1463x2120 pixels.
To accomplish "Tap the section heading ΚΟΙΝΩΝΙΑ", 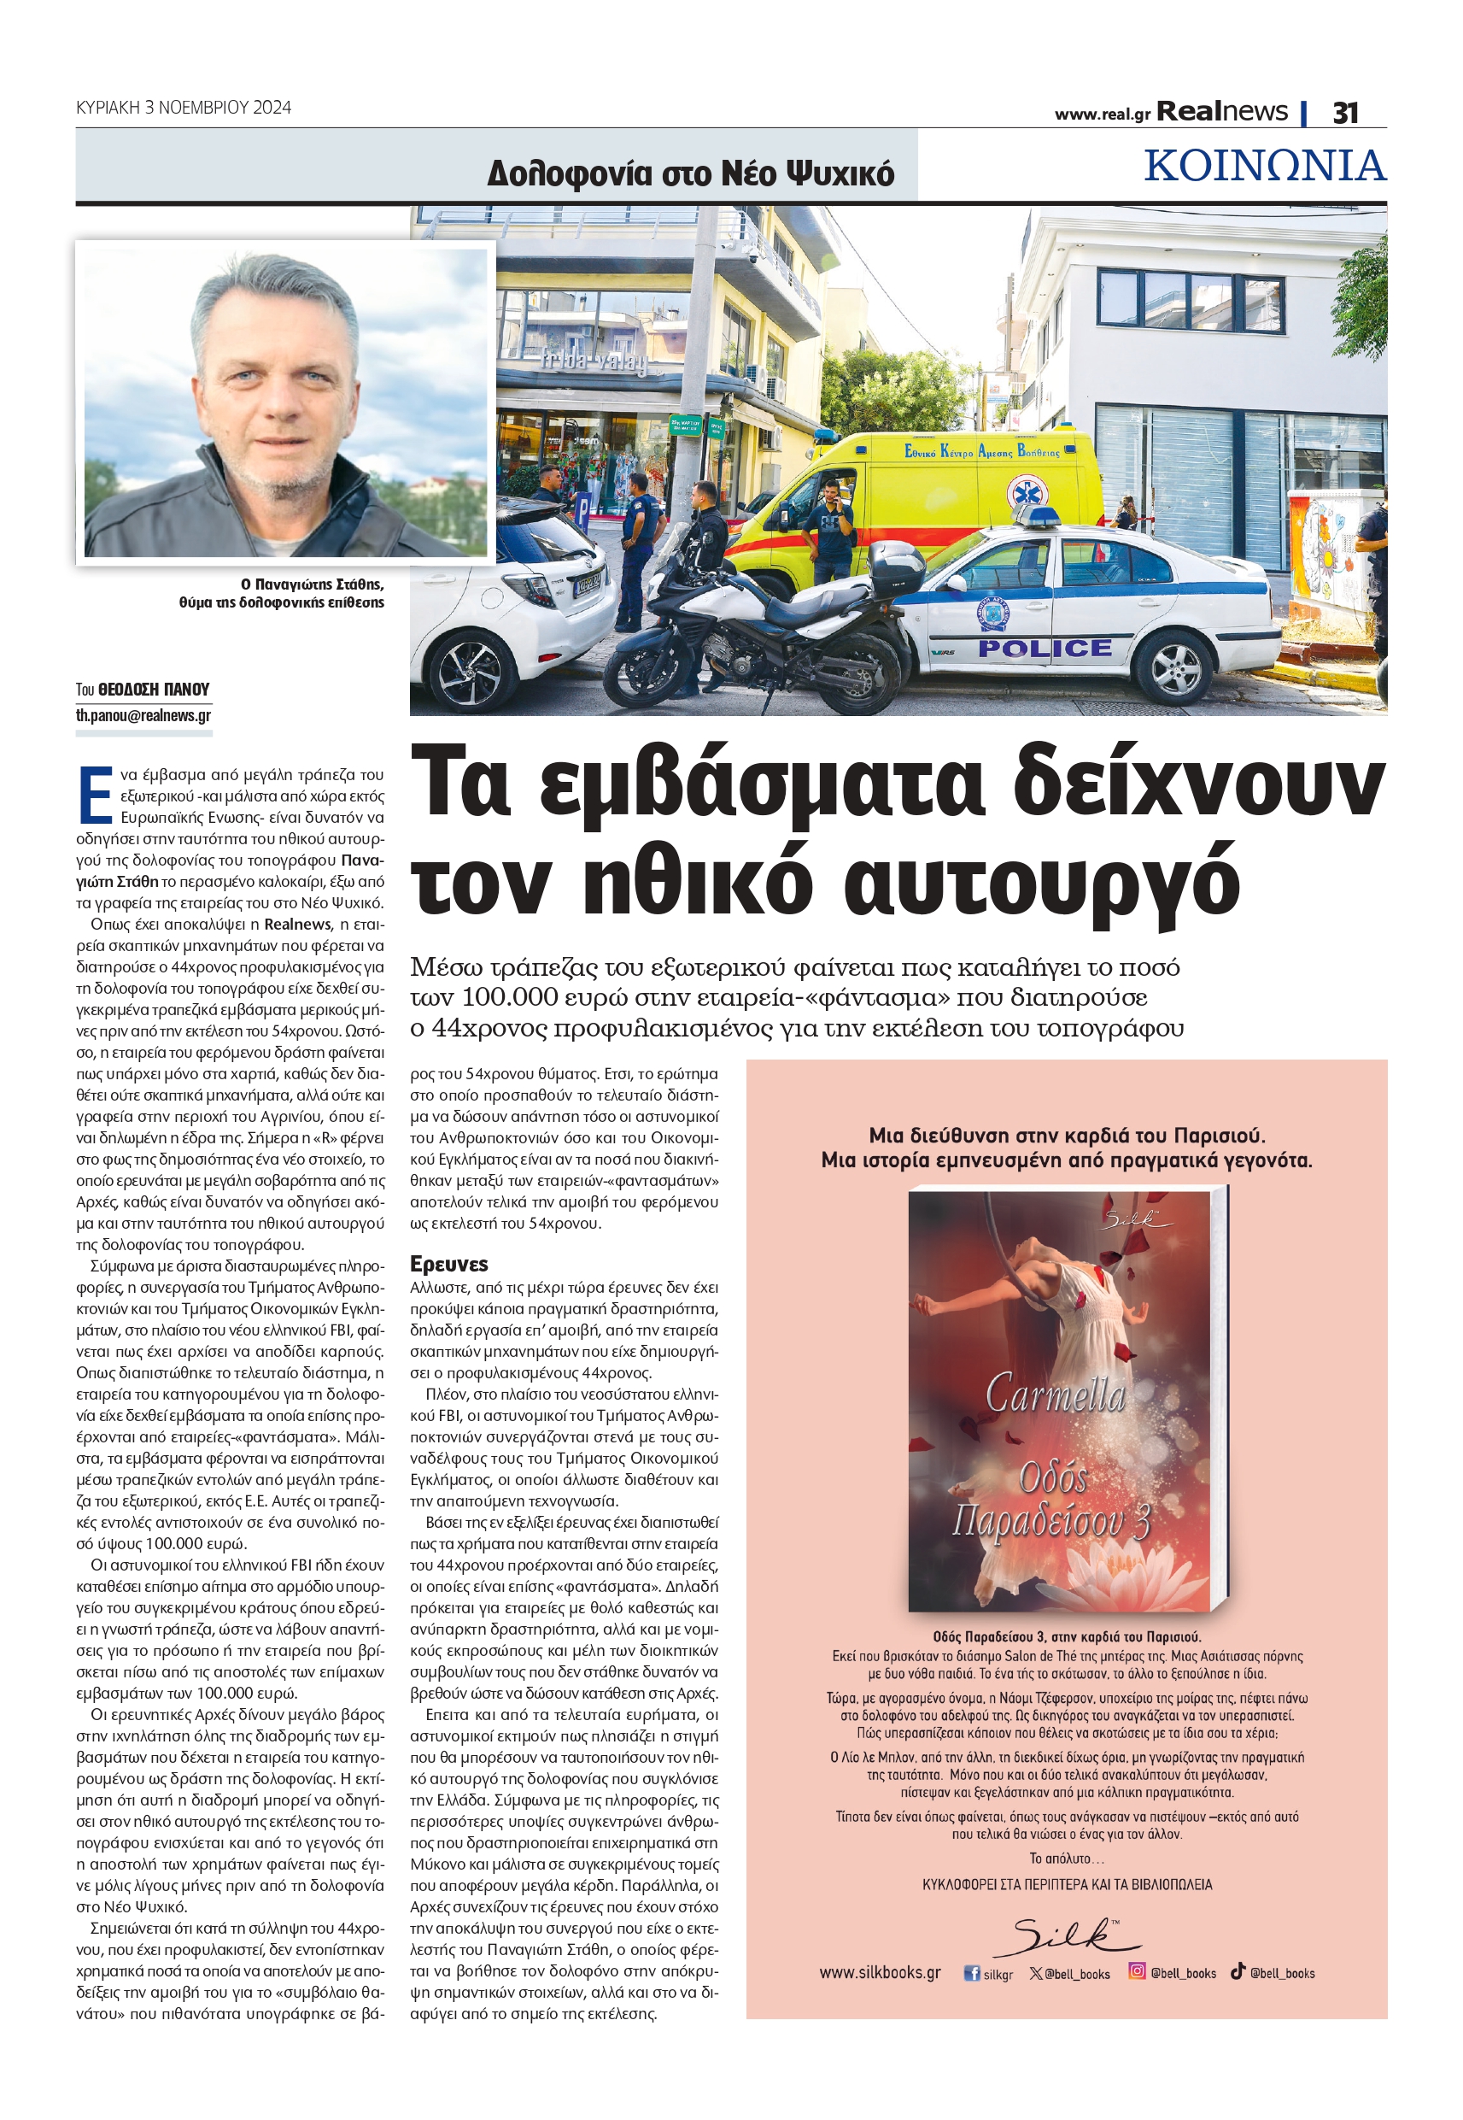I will point(1264,166).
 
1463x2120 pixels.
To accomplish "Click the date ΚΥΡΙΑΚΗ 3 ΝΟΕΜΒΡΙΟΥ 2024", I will point(184,108).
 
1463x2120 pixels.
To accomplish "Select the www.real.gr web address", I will point(1101,115).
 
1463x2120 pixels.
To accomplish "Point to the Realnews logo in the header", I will point(1221,112).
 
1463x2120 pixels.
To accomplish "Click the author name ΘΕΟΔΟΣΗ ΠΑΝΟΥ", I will point(153,689).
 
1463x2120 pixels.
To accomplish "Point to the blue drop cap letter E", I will point(95,795).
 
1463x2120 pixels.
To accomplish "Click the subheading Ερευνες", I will point(449,1264).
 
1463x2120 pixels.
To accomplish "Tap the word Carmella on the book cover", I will point(1055,1395).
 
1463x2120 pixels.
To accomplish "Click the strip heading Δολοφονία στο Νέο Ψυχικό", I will point(690,173).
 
